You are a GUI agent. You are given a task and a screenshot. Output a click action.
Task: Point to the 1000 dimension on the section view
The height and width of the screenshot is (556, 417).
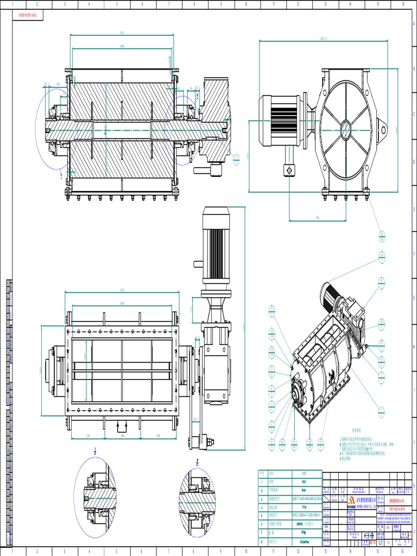point(122,46)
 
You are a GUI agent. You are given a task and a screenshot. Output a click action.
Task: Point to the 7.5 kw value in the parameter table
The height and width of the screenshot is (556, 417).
point(302,507)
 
